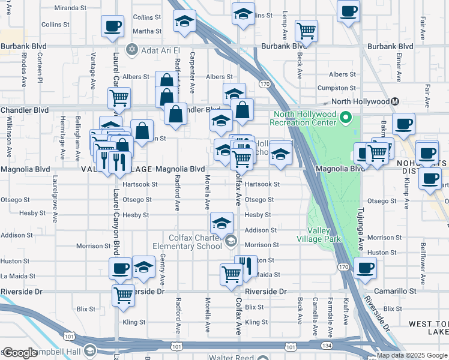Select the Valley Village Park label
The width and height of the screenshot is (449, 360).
coord(324,235)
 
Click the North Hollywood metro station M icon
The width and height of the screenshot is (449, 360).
coord(395,101)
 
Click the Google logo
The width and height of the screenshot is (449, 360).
coord(20,353)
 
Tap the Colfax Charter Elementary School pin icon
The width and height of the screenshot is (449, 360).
coord(231,242)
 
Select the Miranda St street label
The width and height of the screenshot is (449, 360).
coord(70,8)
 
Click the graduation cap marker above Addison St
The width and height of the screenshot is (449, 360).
coord(221,224)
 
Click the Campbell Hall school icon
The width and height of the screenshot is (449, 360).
coord(89,350)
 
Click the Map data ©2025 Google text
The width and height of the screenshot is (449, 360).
coord(412,356)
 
